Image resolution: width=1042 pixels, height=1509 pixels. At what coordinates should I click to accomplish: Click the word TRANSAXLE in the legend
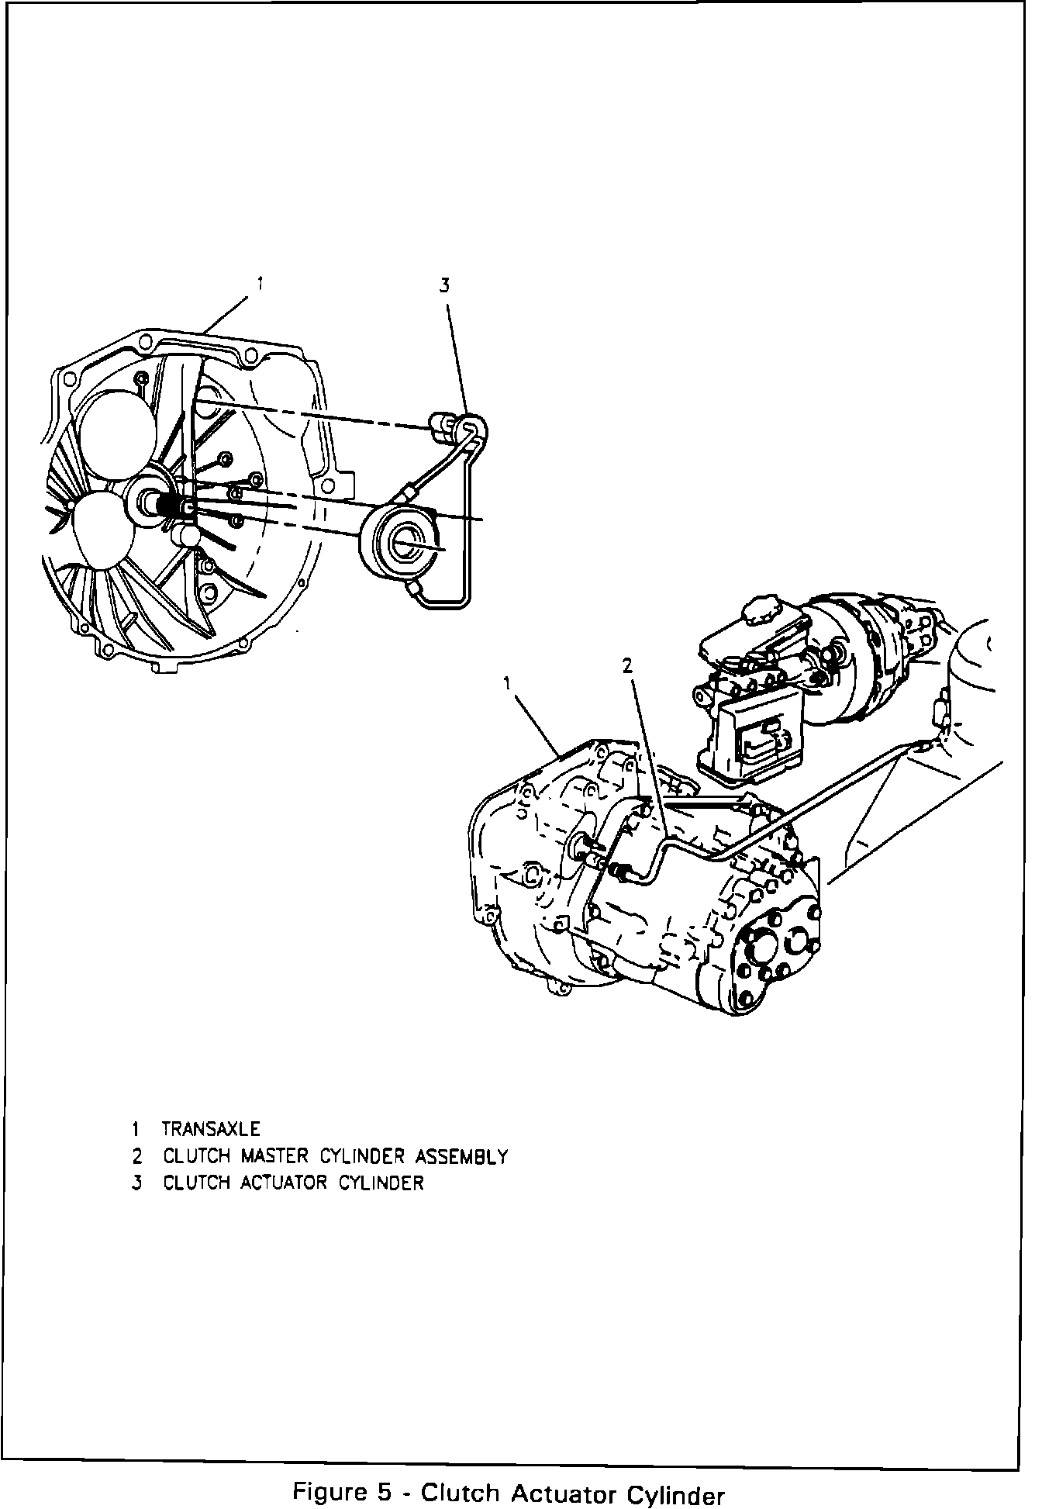(211, 1129)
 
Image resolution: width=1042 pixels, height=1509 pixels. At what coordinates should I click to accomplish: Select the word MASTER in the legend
(275, 1156)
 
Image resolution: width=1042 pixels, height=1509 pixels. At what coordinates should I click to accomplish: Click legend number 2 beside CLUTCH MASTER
(137, 1156)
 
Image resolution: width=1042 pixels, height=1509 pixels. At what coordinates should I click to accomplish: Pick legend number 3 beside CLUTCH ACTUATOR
(137, 1183)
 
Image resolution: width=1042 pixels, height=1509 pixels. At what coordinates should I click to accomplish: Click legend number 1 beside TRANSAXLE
(136, 1129)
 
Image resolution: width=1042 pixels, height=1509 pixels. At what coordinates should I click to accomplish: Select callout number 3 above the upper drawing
(444, 286)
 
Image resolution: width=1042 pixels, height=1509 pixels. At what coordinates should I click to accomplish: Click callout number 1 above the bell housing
(260, 285)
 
